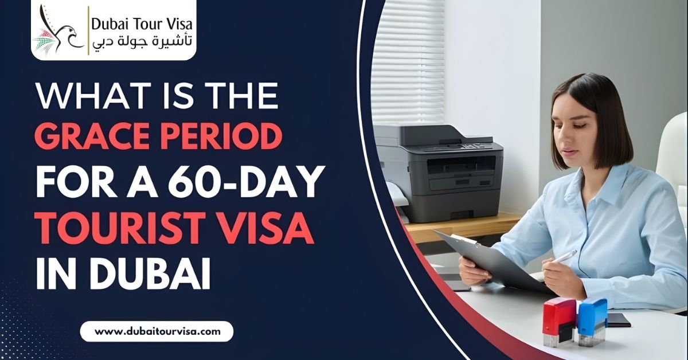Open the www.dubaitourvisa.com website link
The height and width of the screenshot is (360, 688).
(x=157, y=331)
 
